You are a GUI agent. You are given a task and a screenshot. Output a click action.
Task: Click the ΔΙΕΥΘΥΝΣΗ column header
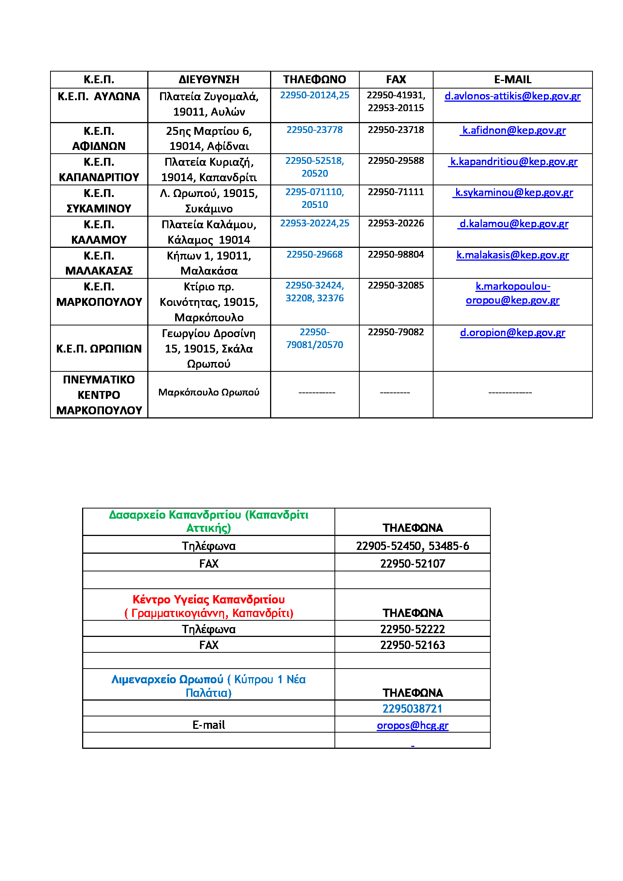(209, 79)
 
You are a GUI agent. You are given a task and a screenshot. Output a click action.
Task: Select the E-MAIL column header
(513, 79)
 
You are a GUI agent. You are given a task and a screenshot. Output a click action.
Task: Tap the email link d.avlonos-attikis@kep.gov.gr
(512, 96)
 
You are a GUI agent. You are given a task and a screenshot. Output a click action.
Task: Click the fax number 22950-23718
(396, 130)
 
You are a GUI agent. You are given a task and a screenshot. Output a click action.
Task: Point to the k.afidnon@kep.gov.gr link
(514, 130)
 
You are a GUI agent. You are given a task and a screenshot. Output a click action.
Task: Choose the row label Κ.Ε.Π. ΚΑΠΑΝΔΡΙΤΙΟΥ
(99, 169)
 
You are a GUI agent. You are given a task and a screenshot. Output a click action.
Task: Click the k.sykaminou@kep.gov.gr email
(514, 192)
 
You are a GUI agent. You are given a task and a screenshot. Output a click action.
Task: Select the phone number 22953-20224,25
(315, 223)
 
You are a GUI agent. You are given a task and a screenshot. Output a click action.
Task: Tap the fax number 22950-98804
(396, 254)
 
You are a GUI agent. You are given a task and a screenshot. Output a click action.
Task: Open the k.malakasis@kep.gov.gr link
(513, 255)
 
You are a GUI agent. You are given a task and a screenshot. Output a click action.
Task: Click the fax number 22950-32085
(396, 286)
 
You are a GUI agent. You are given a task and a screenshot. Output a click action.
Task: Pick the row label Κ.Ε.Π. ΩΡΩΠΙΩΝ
(99, 348)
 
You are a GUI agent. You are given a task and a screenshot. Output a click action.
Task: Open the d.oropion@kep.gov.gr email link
(513, 333)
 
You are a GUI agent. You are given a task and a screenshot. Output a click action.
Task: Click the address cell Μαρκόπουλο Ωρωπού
(209, 392)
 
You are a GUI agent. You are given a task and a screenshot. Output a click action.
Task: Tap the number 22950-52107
(412, 564)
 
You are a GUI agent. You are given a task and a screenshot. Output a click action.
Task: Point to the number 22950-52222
(412, 629)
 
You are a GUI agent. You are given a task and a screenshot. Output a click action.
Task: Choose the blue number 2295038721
(412, 708)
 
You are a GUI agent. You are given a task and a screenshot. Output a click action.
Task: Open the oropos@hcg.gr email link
(412, 725)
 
